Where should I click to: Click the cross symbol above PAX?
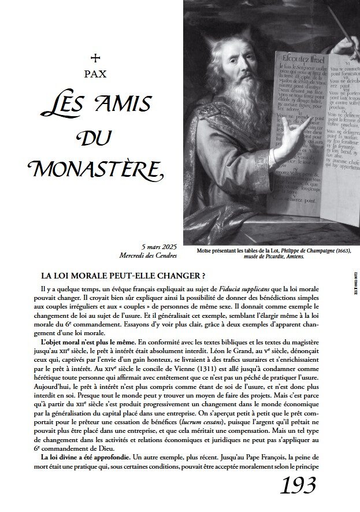pyautogui.click(x=96, y=57)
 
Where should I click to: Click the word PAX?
pyautogui.click(x=96, y=74)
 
